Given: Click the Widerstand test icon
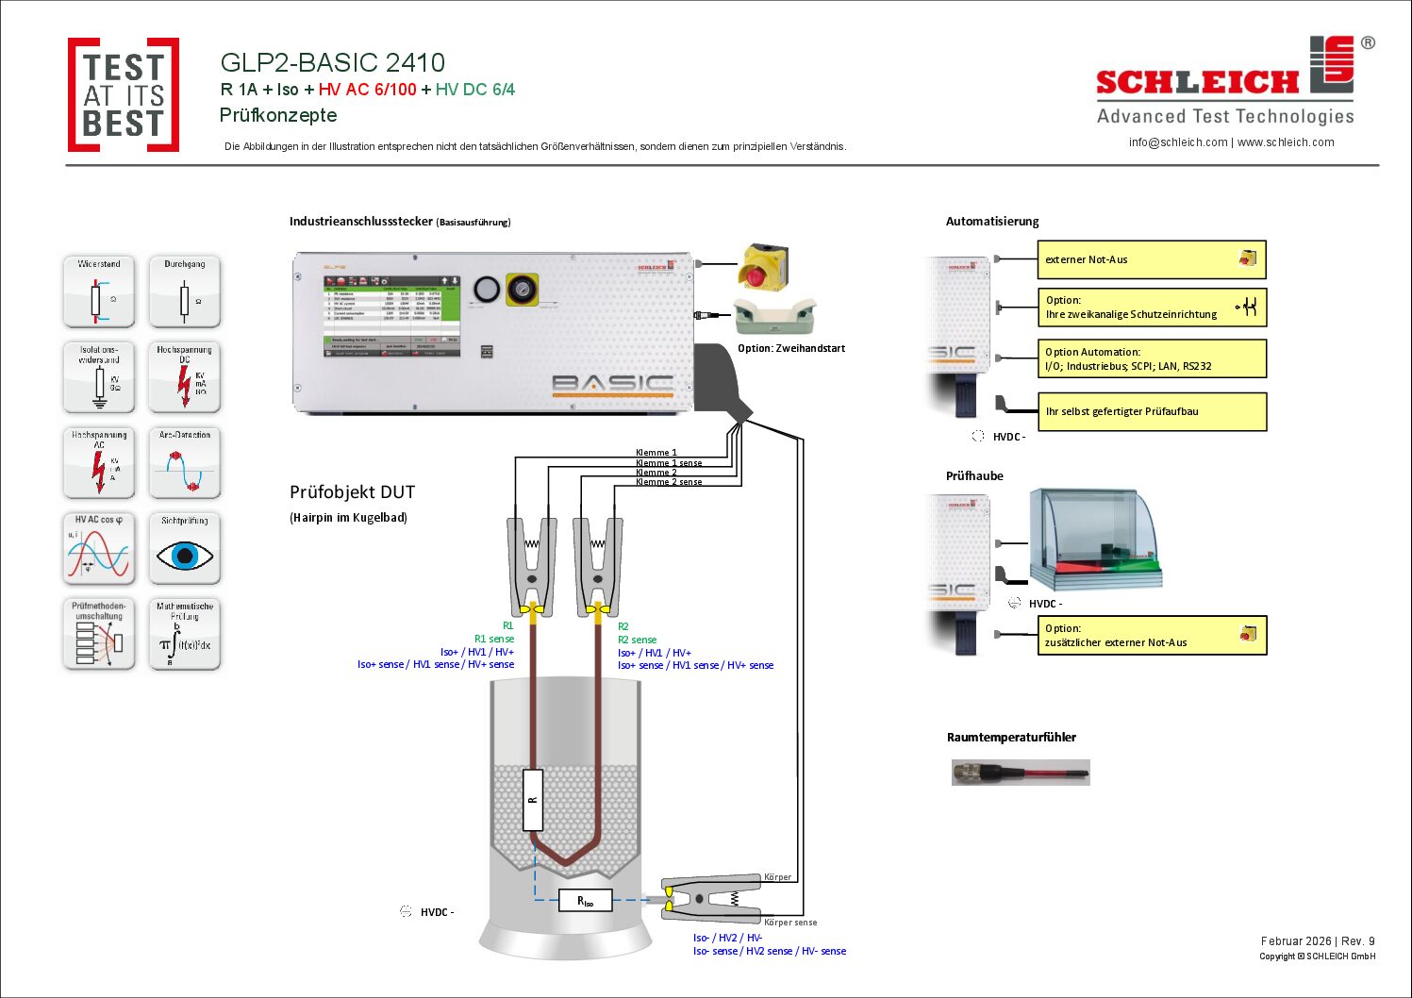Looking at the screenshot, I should point(99,291).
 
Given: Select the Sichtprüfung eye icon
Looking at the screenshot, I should point(184,549).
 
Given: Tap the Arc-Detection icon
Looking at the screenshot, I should point(184,463).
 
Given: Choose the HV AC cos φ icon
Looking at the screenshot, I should point(99,549).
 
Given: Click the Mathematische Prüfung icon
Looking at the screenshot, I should point(184,635).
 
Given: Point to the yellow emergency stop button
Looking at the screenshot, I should point(763,267).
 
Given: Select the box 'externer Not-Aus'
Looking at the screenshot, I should point(1151,259).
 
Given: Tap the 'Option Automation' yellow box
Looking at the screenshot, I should point(1151,358).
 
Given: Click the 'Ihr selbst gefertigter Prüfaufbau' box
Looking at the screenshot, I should point(1151,411).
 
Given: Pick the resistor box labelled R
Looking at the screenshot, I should point(533,800).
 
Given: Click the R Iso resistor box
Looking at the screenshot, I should point(586,901).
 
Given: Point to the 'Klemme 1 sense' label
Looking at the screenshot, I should point(669,463).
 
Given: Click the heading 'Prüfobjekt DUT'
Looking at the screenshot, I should point(352,492).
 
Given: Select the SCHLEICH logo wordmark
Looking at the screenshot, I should point(1198,83).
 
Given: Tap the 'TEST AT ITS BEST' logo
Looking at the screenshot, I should point(124,95).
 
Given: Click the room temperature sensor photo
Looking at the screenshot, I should point(1021,773).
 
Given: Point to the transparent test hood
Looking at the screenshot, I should point(1094,538).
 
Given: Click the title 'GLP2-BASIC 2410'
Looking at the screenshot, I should point(332,62).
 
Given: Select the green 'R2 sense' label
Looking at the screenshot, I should point(637,640).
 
